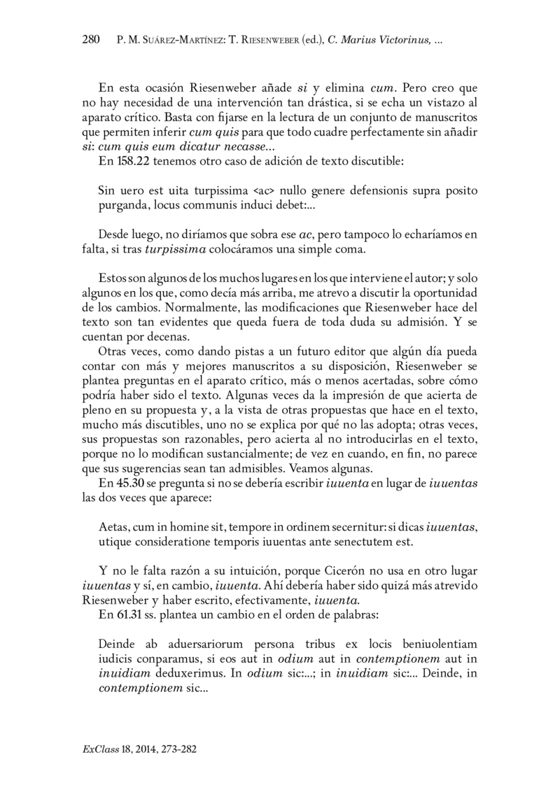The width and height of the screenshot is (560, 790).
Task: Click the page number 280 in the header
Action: [x=92, y=41]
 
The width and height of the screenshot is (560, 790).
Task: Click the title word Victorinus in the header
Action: [x=404, y=41]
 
